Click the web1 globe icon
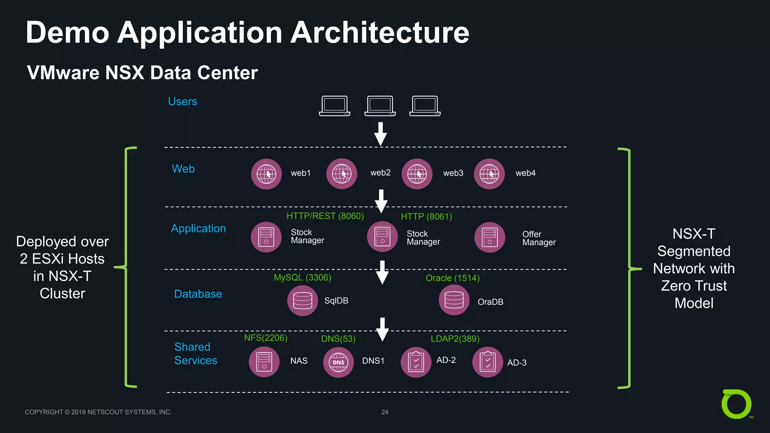pos(266,174)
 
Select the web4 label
pos(525,173)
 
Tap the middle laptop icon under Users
pos(380,106)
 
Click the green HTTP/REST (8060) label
pos(325,216)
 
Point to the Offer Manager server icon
pos(490,237)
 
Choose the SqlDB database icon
pos(303,300)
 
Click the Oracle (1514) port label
pos(452,278)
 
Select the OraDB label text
pos(490,302)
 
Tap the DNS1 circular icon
pos(338,362)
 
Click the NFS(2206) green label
pos(265,338)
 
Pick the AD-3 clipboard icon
pos(488,362)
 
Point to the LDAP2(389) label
pos(455,339)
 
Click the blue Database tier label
pos(198,294)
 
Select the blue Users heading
pos(182,101)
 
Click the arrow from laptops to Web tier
pos(380,134)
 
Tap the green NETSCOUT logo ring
pos(736,404)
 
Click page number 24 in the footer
pos(385,412)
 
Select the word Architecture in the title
pos(380,33)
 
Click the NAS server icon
pos(264,362)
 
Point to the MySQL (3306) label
pos(302,277)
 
